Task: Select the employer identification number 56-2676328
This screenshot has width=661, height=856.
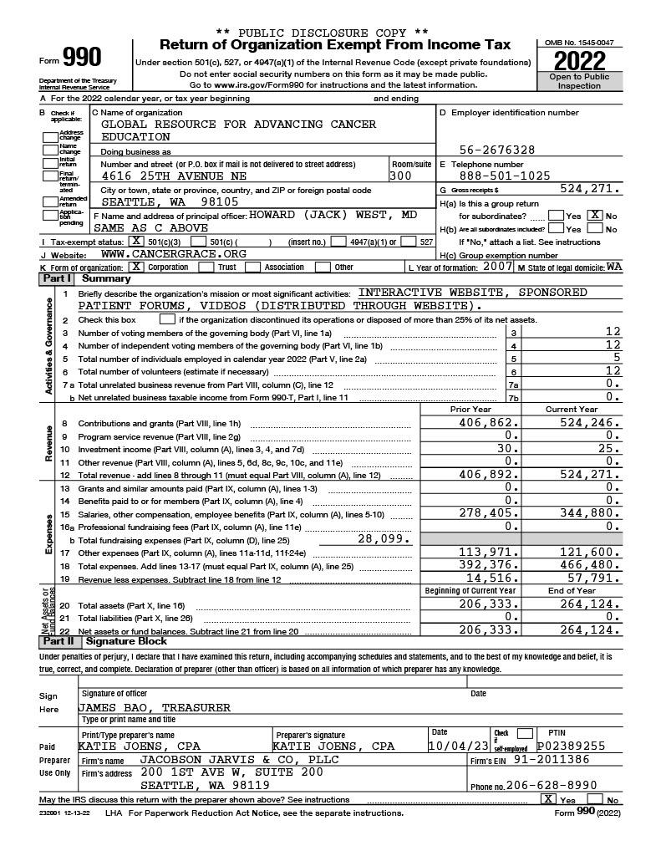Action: click(497, 150)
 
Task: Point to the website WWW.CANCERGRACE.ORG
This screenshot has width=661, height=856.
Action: click(173, 253)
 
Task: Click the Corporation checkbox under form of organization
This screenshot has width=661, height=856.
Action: click(137, 267)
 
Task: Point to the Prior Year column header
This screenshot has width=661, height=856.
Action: click(470, 410)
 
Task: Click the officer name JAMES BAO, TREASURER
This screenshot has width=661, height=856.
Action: click(155, 707)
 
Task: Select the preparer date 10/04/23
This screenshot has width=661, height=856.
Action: click(458, 746)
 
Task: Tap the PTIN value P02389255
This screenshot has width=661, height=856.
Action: click(571, 746)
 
